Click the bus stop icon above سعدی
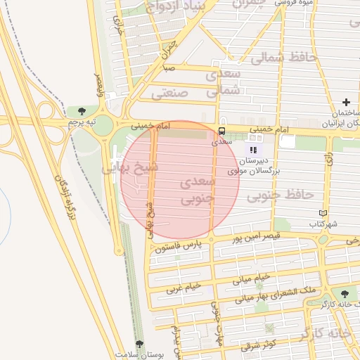[x=222, y=131]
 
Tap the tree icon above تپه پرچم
[x=82, y=111]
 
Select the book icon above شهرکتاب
[x=323, y=213]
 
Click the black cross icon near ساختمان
[x=345, y=103]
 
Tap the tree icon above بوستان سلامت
[x=139, y=345]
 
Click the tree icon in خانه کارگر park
[x=344, y=294]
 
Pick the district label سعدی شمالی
[x=224, y=82]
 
